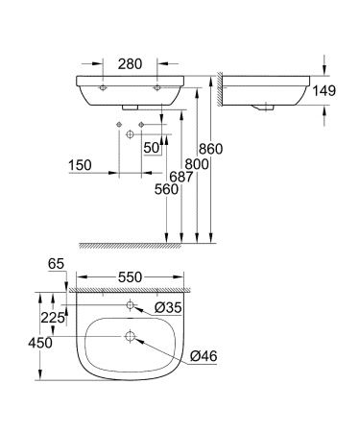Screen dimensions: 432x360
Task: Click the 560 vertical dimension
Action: point(165,190)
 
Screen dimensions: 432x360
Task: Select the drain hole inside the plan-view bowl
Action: point(130,338)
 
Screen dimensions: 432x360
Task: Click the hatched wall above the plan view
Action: point(130,288)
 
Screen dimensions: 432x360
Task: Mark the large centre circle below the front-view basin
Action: point(128,135)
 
